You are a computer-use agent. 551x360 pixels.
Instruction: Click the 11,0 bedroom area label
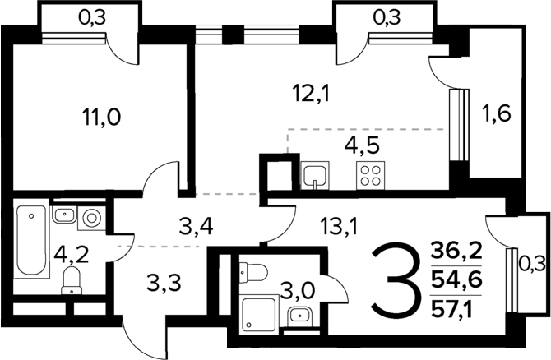click(x=101, y=117)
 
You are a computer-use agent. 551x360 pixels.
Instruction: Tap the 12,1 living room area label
click(x=312, y=94)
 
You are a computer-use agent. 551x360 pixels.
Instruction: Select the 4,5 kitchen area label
click(x=362, y=145)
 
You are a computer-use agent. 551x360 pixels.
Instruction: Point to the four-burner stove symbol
click(x=370, y=176)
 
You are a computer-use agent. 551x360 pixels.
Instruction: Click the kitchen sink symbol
click(x=315, y=176)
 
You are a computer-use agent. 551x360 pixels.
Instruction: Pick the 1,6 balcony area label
click(x=497, y=113)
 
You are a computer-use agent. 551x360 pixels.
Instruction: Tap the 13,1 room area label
click(x=339, y=226)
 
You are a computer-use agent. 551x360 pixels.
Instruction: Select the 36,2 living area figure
click(x=456, y=252)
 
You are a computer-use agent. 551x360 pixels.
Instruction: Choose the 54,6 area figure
click(x=456, y=280)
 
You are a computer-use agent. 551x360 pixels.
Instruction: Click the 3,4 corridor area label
click(x=196, y=227)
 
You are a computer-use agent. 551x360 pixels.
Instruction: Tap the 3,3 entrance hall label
click(x=164, y=283)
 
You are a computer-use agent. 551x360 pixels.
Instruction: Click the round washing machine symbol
click(x=92, y=218)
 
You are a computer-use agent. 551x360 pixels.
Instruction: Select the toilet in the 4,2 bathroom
click(x=72, y=280)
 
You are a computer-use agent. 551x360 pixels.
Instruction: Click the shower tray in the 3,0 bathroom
click(x=260, y=314)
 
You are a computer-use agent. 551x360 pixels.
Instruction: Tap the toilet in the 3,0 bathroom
click(x=253, y=272)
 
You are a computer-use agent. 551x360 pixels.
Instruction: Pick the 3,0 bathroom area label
click(x=298, y=292)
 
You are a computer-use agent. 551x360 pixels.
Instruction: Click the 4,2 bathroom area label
click(x=72, y=255)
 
